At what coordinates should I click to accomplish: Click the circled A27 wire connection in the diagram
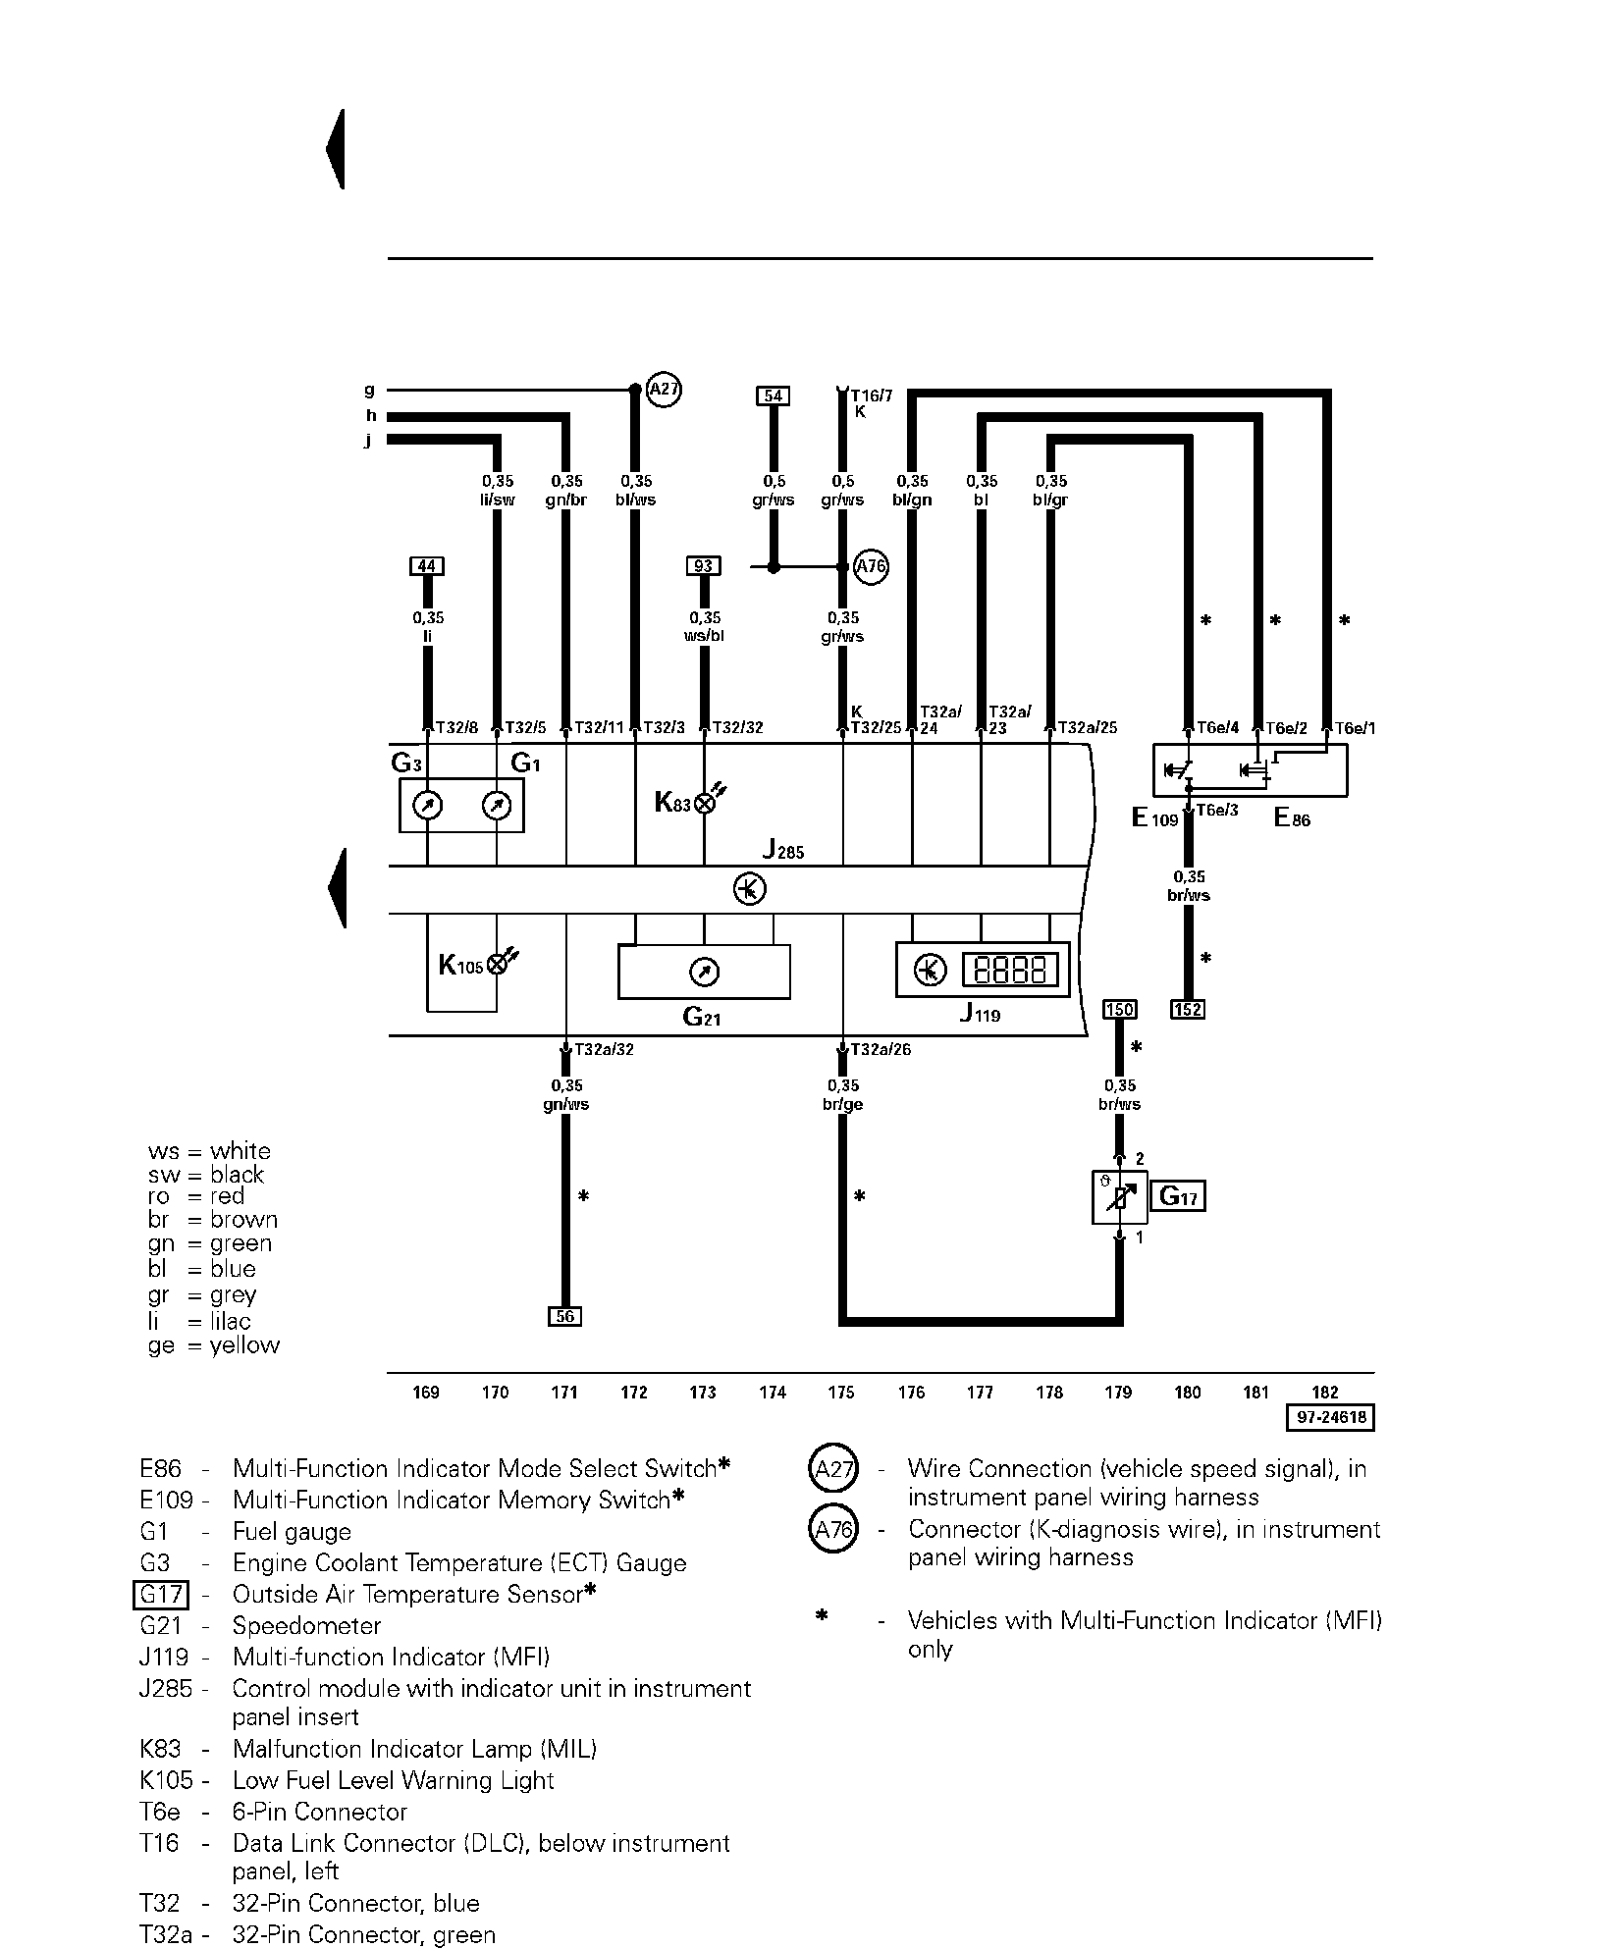coord(665,391)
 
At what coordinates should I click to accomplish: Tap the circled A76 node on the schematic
coord(871,567)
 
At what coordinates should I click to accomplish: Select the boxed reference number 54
coord(774,395)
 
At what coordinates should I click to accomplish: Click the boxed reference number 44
coord(427,566)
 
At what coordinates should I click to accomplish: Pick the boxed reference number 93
coord(704,566)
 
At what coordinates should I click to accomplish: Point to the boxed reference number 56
coord(564,1316)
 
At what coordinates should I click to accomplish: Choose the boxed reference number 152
coord(1188,1009)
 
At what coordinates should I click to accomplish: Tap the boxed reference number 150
coord(1119,1009)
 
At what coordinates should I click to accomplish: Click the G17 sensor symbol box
coord(1119,1197)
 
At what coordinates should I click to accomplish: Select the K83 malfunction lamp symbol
coord(704,803)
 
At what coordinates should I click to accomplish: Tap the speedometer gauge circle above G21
coord(705,972)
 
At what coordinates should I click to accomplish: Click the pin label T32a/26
coord(881,1049)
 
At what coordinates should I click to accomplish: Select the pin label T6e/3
coord(1217,811)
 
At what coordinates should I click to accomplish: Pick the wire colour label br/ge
coord(843,1104)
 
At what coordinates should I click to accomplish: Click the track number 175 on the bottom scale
coord(841,1392)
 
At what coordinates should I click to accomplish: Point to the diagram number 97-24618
coord(1330,1418)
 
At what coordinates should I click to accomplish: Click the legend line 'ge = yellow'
coord(214,1345)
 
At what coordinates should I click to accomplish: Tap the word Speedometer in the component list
coord(306,1626)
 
